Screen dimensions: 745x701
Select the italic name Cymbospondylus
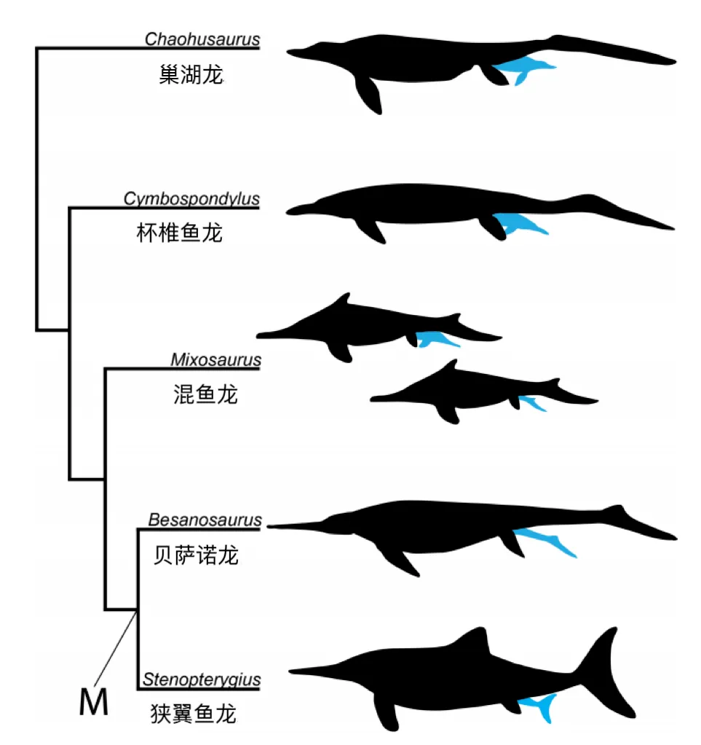tap(191, 199)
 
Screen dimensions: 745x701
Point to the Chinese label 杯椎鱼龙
tap(178, 233)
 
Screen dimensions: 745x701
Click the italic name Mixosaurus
tap(215, 359)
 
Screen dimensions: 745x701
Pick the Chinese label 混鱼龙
tap(200, 395)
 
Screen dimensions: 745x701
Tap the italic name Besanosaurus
tap(205, 520)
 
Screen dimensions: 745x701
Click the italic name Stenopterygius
tap(202, 681)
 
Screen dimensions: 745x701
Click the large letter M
tap(93, 703)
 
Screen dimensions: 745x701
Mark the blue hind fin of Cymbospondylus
tap(518, 223)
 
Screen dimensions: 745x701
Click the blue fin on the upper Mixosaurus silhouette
tap(435, 338)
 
